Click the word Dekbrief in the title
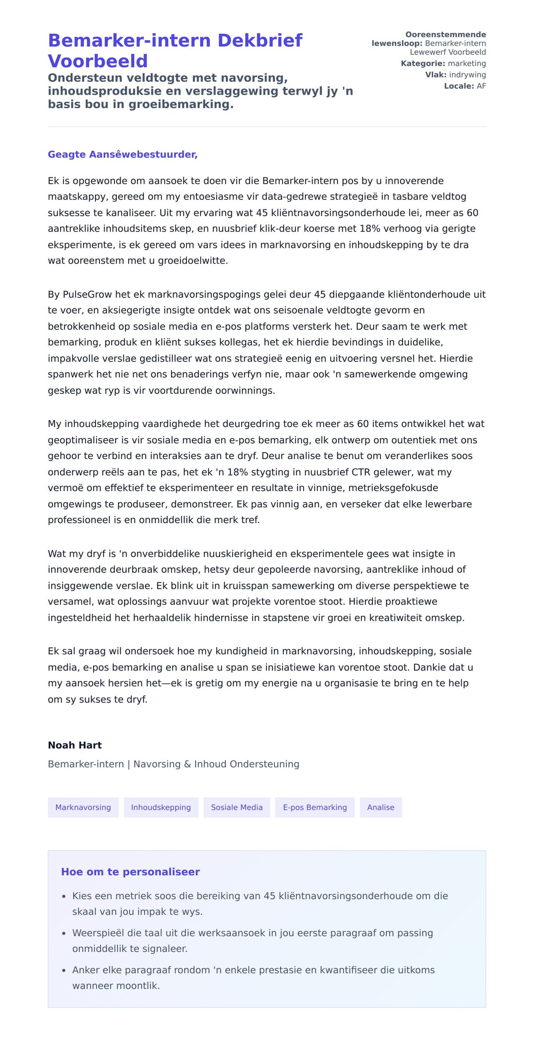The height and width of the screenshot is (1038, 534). (260, 40)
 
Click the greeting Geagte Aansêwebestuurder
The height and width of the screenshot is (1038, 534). (122, 154)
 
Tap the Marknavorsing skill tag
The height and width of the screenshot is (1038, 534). (83, 807)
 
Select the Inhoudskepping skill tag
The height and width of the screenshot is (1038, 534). (161, 807)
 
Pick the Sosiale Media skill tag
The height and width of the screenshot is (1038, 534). (237, 807)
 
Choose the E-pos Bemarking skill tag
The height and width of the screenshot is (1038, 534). (315, 807)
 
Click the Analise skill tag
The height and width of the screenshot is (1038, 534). (380, 807)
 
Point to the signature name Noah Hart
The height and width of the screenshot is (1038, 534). (75, 745)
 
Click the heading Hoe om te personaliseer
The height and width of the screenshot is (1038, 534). (130, 872)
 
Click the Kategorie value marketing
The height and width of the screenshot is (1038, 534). (467, 64)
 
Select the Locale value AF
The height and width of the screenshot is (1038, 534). (481, 86)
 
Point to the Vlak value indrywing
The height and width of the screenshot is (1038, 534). (467, 75)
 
